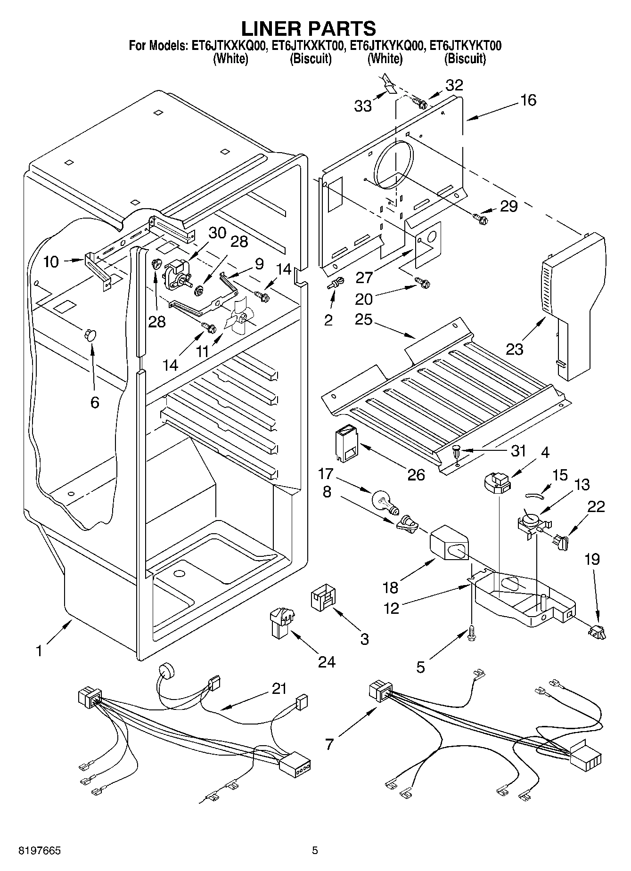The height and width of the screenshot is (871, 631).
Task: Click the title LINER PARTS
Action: coord(309,29)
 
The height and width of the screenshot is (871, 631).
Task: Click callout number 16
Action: coord(528,100)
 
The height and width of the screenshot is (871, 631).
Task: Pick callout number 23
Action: coord(515,349)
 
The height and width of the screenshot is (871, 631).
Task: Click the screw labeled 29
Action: coord(480,218)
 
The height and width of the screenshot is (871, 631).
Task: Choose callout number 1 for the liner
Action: coord(40,651)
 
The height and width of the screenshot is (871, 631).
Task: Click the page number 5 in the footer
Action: coord(315,851)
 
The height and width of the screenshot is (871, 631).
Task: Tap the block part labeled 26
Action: coord(345,442)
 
